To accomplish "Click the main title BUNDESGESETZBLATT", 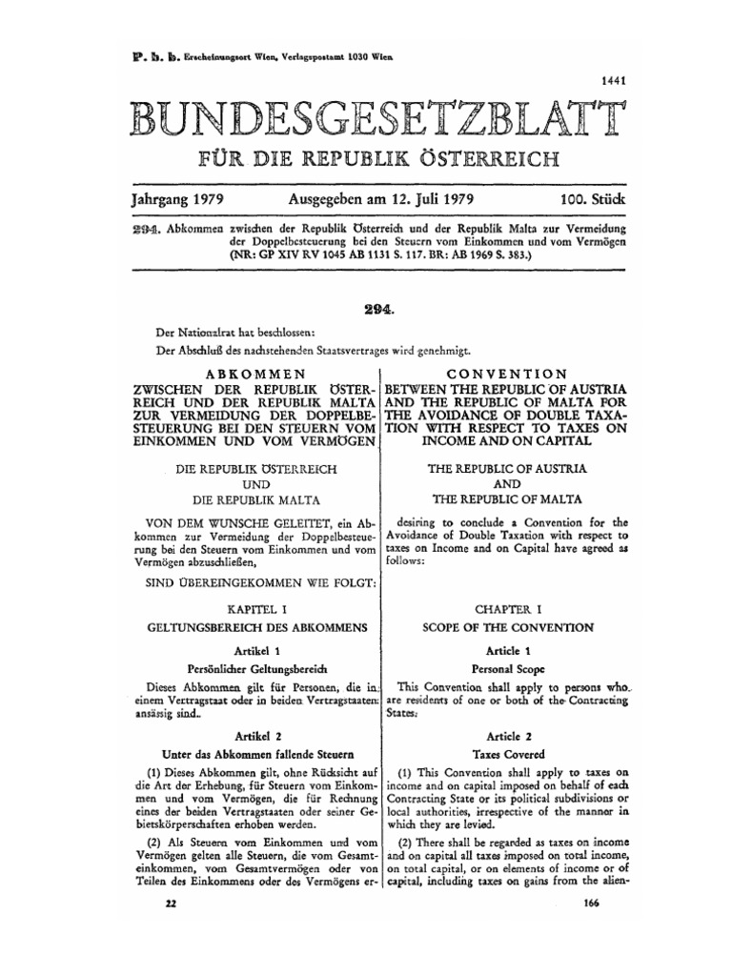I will pos(366,120).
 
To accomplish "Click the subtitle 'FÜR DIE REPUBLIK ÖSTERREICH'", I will pos(366,156).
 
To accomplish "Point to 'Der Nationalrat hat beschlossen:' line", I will pos(221,334).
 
